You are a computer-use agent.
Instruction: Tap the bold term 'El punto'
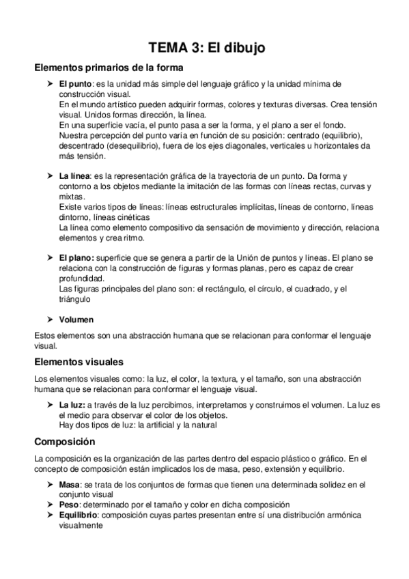(73, 83)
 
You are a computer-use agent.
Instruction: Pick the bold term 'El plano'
(74, 259)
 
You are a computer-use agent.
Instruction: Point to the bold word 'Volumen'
(76, 319)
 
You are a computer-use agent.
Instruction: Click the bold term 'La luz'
(72, 406)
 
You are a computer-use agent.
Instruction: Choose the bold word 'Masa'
(69, 484)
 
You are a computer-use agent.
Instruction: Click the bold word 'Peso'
(69, 503)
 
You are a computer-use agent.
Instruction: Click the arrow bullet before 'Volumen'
(50, 319)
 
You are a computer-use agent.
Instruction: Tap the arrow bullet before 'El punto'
(50, 83)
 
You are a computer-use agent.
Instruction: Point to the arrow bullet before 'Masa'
(50, 484)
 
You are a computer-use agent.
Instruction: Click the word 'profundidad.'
(82, 279)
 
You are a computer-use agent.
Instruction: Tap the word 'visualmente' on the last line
(81, 526)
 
